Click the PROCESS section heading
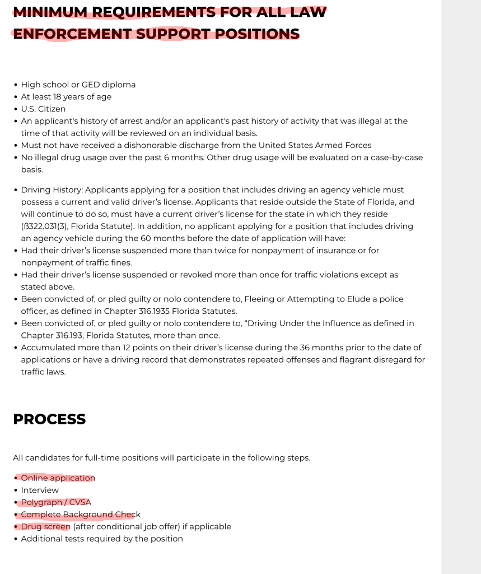(x=49, y=419)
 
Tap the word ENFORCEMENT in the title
(x=72, y=34)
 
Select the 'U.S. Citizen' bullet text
(x=43, y=109)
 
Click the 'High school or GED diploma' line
(x=78, y=85)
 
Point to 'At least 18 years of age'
(x=66, y=97)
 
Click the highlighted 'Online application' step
(x=58, y=478)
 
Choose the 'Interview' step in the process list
(x=40, y=490)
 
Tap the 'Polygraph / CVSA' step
(x=56, y=502)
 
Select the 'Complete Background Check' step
(x=81, y=515)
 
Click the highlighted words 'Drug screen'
(x=45, y=527)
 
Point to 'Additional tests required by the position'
(x=102, y=539)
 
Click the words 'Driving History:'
(x=52, y=190)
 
